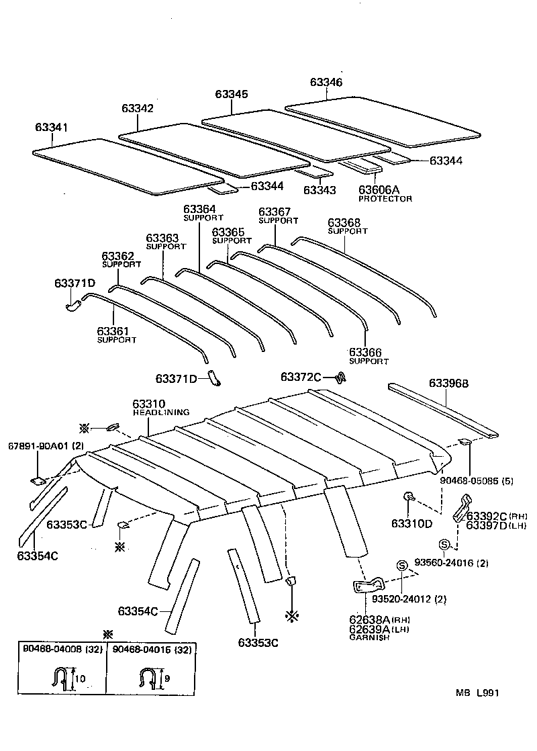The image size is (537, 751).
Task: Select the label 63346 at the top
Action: [x=326, y=82]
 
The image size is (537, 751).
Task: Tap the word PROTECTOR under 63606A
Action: [x=385, y=199]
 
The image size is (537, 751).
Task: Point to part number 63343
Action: [x=320, y=190]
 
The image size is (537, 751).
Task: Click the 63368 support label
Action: [x=344, y=222]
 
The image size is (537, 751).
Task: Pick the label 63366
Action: [x=365, y=352]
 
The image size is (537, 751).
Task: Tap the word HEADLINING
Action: [x=160, y=412]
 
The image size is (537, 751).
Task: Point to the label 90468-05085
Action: [x=469, y=480]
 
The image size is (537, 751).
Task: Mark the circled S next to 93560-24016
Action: [x=444, y=545]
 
